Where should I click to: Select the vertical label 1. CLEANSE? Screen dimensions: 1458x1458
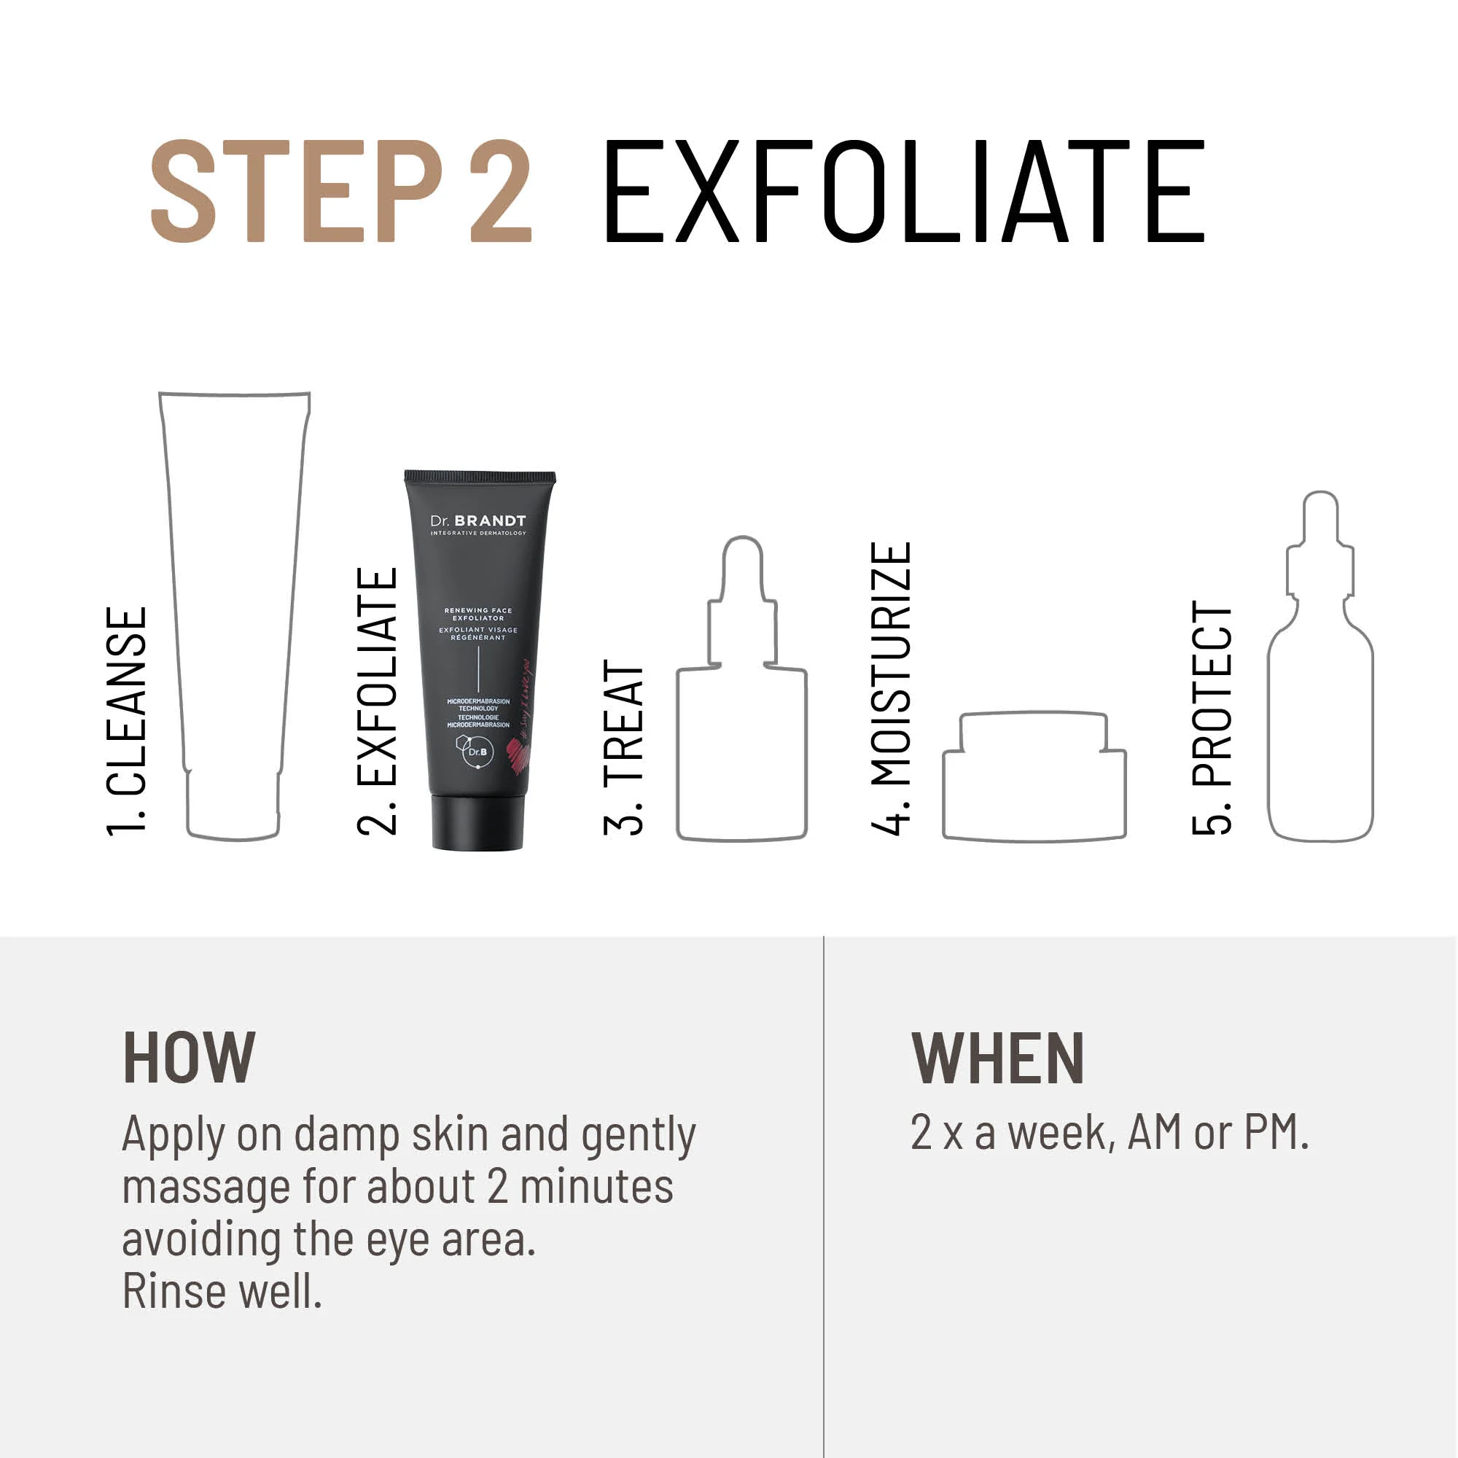tap(127, 721)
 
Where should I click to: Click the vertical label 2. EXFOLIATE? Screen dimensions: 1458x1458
tap(377, 701)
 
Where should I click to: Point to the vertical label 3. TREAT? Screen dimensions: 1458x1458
tap(623, 747)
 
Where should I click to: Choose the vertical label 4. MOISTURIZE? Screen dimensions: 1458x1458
tap(891, 688)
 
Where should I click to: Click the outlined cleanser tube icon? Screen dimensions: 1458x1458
tap(233, 604)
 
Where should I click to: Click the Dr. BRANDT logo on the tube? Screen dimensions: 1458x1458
tap(477, 521)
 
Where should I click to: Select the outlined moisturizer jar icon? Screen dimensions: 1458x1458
tap(1034, 777)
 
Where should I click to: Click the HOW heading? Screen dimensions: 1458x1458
tap(189, 1058)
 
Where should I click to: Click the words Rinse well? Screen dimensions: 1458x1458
tap(222, 1291)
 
